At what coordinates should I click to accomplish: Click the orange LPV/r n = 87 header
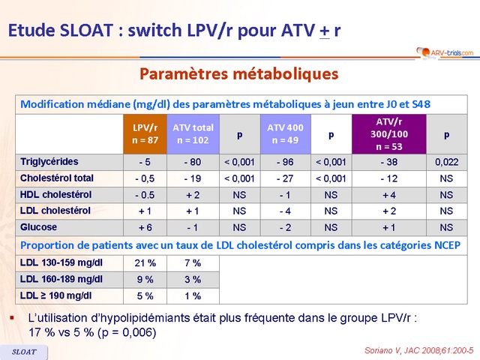pos(145,133)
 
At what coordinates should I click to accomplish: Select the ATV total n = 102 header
pos(193,133)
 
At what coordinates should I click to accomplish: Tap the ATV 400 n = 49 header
pos(285,133)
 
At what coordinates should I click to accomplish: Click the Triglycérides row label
pos(49,161)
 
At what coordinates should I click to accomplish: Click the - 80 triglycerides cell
pos(193,162)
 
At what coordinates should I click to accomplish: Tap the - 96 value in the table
pos(285,162)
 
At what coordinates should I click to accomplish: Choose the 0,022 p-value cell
pos(446,162)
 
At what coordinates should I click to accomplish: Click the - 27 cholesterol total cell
pos(285,178)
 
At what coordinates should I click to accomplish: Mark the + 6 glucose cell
pos(145,227)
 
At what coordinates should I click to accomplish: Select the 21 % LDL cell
pos(145,263)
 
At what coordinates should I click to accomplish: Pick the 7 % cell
pos(193,263)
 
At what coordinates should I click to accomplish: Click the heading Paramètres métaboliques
pos(239,74)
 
